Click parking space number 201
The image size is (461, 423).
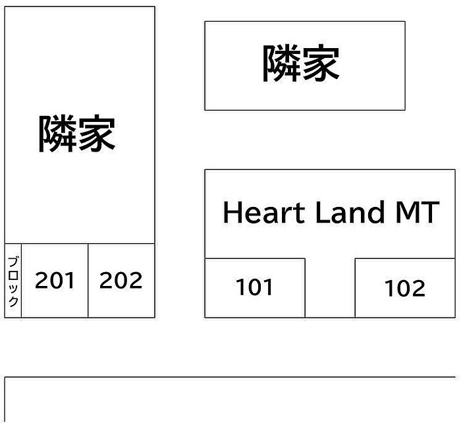pos(55,281)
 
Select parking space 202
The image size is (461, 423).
pos(121,281)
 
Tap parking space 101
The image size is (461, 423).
pos(255,288)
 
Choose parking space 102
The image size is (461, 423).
pos(405,288)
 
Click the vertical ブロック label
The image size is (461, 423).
pos(13,281)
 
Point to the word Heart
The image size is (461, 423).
pos(263,212)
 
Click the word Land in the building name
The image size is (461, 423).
pos(350,211)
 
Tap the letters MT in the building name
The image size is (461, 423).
pos(418,212)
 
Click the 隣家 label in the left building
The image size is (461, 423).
pos(77,134)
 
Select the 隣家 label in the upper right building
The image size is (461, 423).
pos(301,63)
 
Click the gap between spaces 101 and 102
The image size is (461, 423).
pos(330,288)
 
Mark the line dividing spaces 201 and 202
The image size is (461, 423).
pos(88,281)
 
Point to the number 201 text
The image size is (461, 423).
pos(55,280)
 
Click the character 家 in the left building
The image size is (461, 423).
pos(97,134)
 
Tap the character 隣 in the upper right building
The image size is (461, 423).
pos(281,63)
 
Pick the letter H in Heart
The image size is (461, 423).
pos(232,212)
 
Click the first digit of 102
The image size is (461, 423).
pos(388,288)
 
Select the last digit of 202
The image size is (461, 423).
pos(136,280)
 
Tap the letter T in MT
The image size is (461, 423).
pos(431,212)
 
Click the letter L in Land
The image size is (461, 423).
pos(323,212)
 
